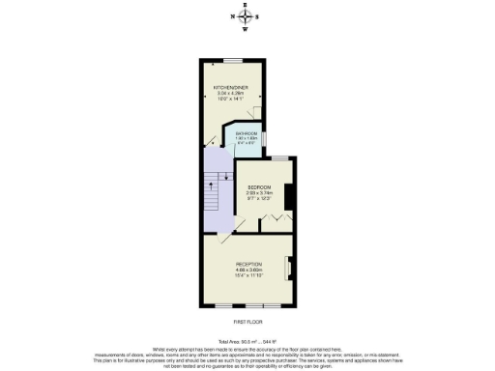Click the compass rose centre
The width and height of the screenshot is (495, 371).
244,16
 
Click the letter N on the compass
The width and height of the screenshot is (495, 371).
231,16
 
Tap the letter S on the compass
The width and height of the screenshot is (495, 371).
257,16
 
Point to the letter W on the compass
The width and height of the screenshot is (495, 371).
244,29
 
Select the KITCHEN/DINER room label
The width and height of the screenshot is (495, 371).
232,87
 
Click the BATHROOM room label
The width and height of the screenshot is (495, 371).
247,133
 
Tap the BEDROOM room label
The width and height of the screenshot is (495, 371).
259,186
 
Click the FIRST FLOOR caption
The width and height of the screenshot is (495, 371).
247,321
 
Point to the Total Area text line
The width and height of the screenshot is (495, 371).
247,342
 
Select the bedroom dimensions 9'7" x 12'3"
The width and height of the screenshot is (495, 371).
259,199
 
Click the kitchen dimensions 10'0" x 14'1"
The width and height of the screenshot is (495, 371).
232,100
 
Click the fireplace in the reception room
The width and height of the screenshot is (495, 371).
286,269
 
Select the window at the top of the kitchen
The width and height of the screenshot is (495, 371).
233,61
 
